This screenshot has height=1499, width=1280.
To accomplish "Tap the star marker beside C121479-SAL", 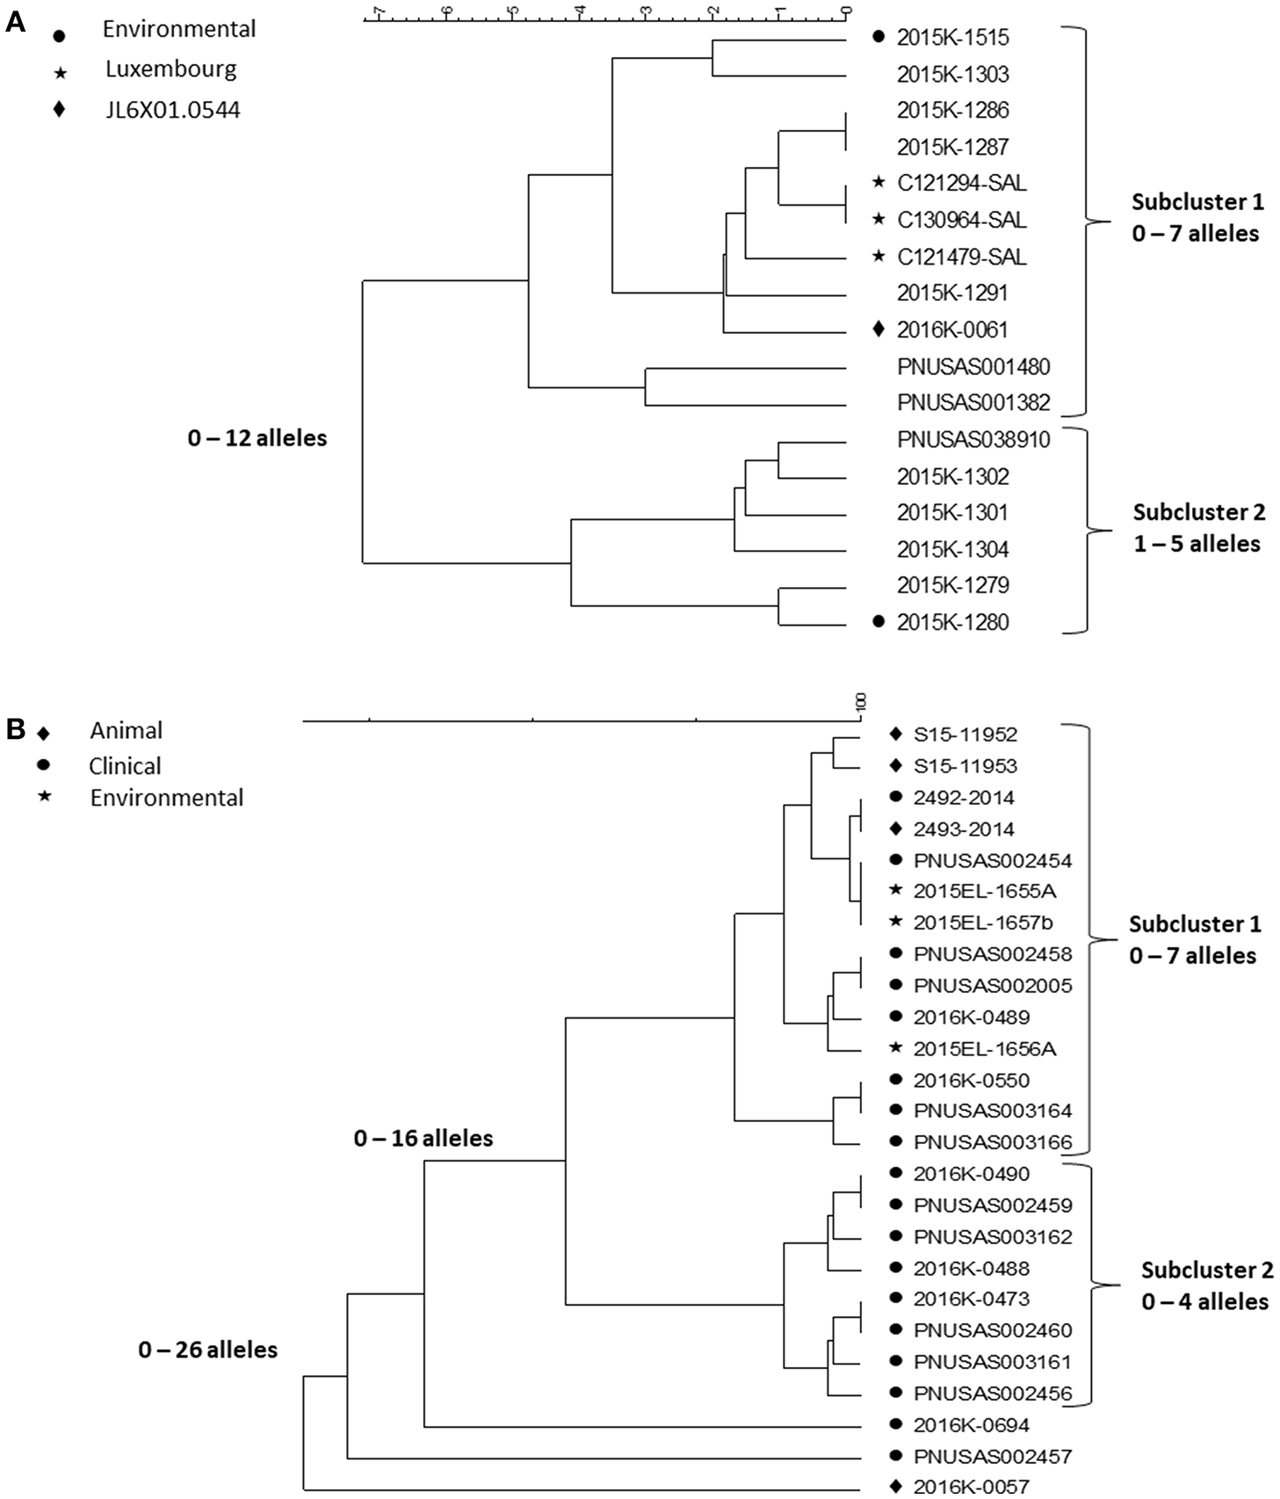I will pyautogui.click(x=878, y=257).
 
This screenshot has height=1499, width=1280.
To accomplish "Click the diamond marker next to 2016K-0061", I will pyautogui.click(x=878, y=329).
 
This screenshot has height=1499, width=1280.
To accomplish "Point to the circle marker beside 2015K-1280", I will pyautogui.click(x=878, y=622).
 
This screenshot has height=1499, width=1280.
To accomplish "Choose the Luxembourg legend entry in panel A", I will pyautogui.click(x=170, y=69).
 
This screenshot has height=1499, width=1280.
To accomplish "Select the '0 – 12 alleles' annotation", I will pyautogui.click(x=257, y=438).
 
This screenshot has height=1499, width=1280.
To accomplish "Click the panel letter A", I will pyautogui.click(x=15, y=23).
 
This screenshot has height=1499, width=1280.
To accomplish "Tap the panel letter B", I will pyautogui.click(x=15, y=729).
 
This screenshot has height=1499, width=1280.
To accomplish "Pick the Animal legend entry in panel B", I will pyautogui.click(x=126, y=731).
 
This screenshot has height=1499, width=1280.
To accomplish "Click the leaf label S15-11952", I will pyautogui.click(x=965, y=735).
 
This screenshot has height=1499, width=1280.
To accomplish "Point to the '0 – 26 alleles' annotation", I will pyautogui.click(x=207, y=1350).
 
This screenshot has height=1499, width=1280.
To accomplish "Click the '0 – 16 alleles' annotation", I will pyautogui.click(x=423, y=1139).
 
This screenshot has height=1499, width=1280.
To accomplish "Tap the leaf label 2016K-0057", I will pyautogui.click(x=971, y=1487).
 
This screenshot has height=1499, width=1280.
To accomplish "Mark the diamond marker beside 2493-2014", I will pyautogui.click(x=895, y=829).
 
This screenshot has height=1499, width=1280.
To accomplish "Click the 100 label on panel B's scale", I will pyautogui.click(x=861, y=701).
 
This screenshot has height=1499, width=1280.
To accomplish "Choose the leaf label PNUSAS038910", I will pyautogui.click(x=973, y=439).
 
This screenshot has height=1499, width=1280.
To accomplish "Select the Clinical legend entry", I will pyautogui.click(x=125, y=766).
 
